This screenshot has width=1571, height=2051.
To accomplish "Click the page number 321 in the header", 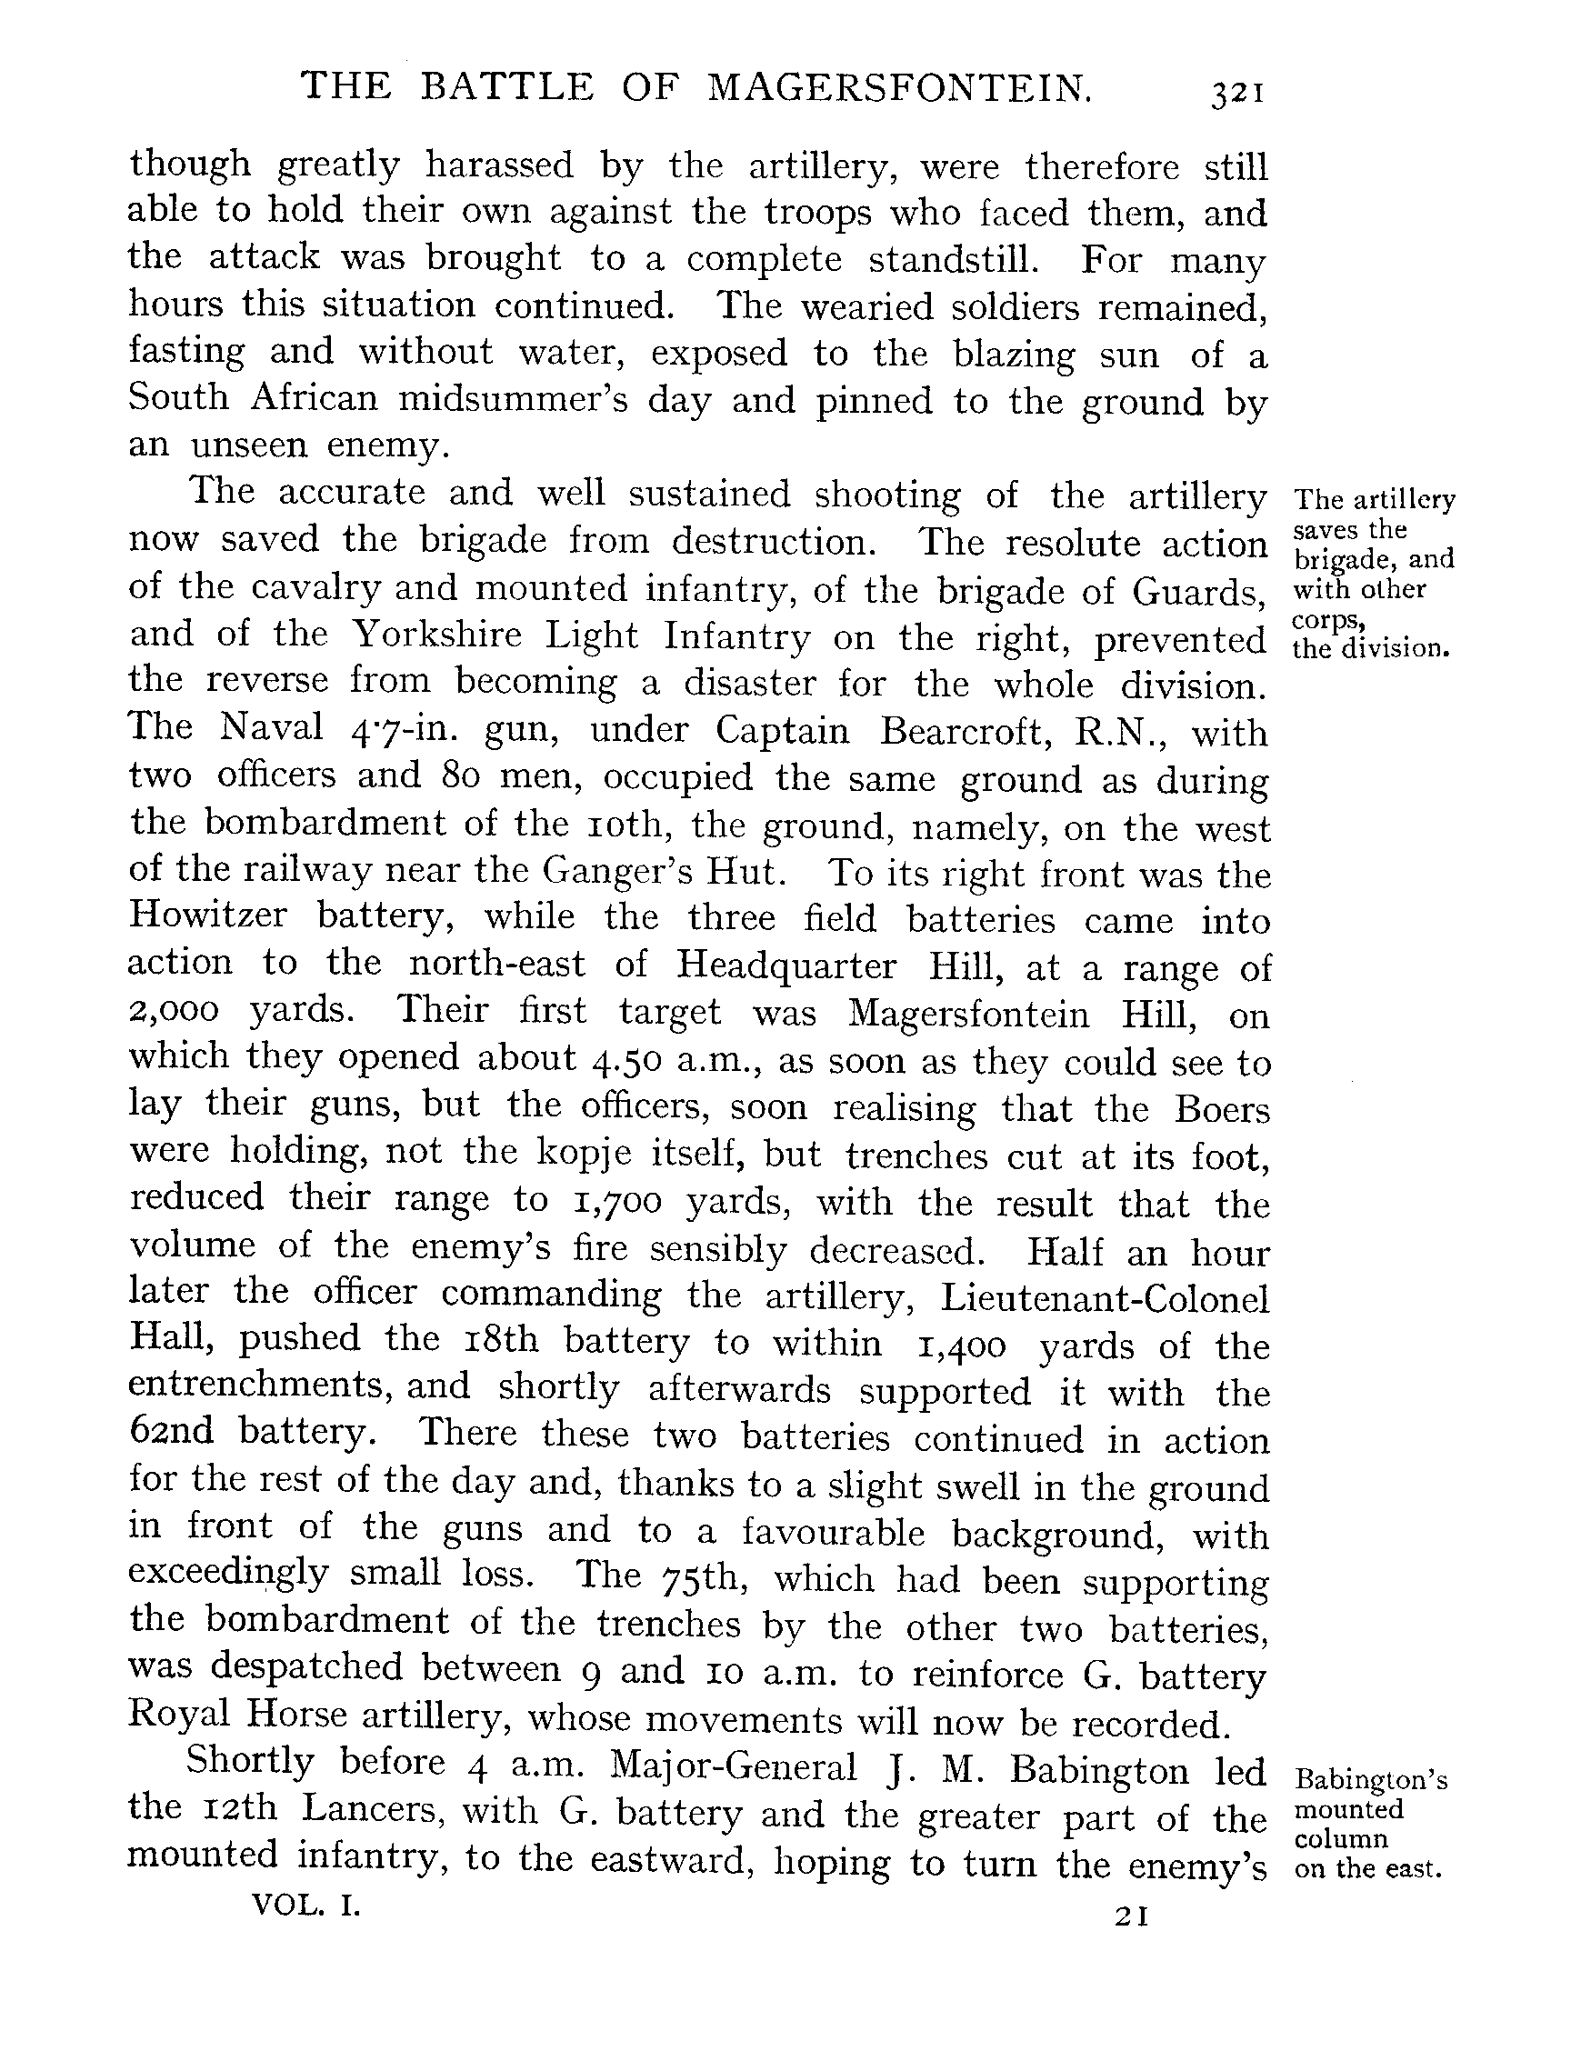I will coord(1237,95).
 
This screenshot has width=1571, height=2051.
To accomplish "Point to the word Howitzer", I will coord(207,915).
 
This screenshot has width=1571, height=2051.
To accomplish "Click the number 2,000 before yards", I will coord(174,1011).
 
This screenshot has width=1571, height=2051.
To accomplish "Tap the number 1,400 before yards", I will coord(961,1346).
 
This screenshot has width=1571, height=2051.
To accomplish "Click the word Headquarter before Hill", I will coord(786,965).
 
